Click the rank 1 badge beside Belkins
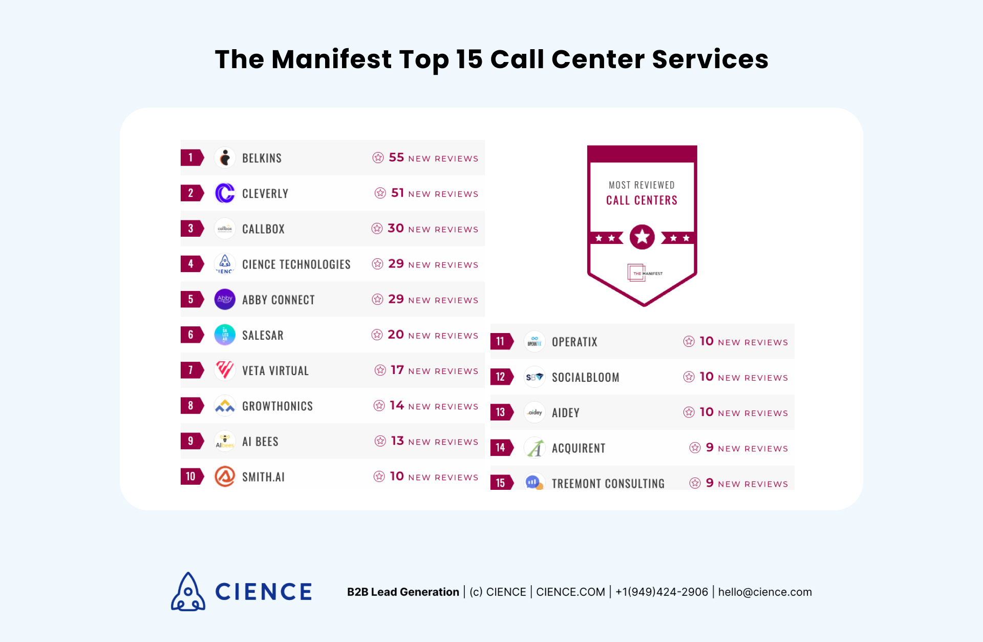[x=191, y=158]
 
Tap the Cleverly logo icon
[x=225, y=193]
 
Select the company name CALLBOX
[x=263, y=229]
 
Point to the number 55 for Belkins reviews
[x=396, y=157]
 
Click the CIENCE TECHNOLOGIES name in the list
[x=296, y=264]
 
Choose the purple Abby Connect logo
[x=225, y=299]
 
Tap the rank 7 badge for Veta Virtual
[x=191, y=370]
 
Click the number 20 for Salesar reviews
[x=396, y=335]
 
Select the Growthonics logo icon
[x=225, y=406]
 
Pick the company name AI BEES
[x=260, y=442]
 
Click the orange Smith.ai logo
[x=225, y=477]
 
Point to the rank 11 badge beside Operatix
[x=501, y=341]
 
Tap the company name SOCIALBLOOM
[x=585, y=378]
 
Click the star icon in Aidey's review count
[x=689, y=412]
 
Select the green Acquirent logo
[x=535, y=448]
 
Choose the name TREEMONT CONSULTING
[x=608, y=483]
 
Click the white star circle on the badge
[x=642, y=237]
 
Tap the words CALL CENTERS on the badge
[x=642, y=200]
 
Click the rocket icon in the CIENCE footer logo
[x=188, y=592]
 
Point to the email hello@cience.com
[x=765, y=592]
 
